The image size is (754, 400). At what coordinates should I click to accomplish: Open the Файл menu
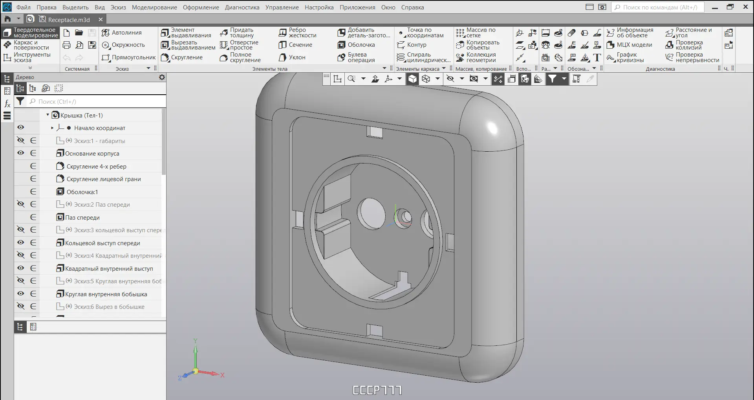[x=24, y=7]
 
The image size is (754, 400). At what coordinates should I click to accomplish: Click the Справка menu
[x=412, y=7]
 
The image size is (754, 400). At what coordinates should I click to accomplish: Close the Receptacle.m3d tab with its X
[x=101, y=19]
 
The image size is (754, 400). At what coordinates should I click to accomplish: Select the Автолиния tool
[x=122, y=33]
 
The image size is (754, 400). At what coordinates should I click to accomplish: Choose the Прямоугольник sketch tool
[x=129, y=57]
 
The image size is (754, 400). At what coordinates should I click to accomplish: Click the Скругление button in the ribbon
[x=182, y=57]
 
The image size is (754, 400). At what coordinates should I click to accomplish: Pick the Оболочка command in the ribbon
[x=356, y=45]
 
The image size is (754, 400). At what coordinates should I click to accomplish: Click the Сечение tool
[x=295, y=45]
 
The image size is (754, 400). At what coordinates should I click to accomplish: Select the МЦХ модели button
[x=629, y=45]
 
